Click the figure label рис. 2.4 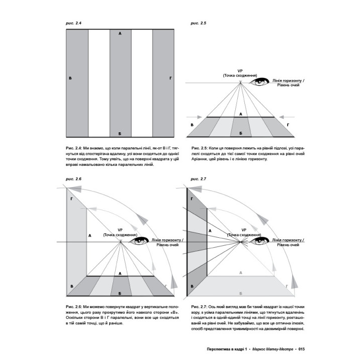[74, 23]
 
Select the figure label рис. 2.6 [74, 179]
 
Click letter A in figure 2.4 [120, 34]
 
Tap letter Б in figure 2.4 [120, 134]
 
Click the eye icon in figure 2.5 [261, 81]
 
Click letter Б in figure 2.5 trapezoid [241, 132]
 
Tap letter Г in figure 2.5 [288, 124]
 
